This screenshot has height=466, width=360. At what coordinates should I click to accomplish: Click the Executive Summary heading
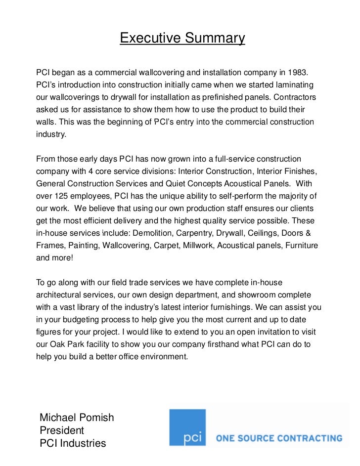pyautogui.click(x=182, y=38)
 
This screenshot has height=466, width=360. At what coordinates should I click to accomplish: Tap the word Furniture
pyautogui.click(x=301, y=245)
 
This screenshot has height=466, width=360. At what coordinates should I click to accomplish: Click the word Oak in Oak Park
pyautogui.click(x=59, y=344)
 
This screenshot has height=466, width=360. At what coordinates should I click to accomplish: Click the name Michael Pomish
pyautogui.click(x=77, y=418)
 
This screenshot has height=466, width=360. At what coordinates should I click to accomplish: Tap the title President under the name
pyautogui.click(x=62, y=430)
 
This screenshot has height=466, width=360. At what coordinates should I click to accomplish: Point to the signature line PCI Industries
pyautogui.click(x=73, y=443)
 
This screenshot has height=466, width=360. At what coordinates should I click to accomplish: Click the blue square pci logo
pyautogui.click(x=187, y=427)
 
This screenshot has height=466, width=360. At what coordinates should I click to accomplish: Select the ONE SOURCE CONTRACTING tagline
pyautogui.click(x=279, y=438)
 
